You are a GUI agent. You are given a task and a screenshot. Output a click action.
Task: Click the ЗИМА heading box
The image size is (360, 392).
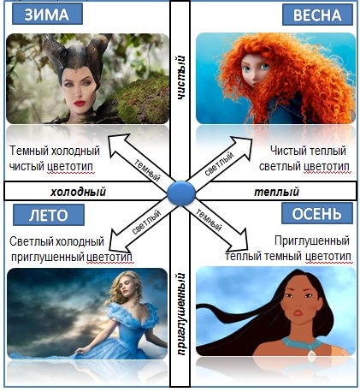pos(47,14)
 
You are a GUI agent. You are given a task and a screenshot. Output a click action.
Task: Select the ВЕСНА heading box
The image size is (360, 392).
pos(317,15)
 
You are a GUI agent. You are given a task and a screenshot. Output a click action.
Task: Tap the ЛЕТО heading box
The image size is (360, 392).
pos(49,215)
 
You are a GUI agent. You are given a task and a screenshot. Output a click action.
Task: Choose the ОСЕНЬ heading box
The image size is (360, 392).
pos(317,213)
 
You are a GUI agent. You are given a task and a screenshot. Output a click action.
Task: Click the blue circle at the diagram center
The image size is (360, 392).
pos(181,193)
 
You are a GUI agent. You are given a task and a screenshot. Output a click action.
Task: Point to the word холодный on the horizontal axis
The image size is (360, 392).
pos(79,192)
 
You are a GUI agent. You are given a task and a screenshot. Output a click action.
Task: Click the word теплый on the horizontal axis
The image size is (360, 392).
pos(277,192)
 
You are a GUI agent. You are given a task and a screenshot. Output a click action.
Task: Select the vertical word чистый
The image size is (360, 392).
pos(180,78)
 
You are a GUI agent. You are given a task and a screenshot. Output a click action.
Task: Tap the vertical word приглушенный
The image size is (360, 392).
pos(180,314)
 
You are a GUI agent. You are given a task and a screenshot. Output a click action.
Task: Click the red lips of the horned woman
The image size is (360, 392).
pos(80,103)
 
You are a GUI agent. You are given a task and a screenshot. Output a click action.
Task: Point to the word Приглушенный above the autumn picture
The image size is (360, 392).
pos(312,241)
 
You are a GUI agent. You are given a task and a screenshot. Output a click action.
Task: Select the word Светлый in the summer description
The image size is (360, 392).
pos(31,241)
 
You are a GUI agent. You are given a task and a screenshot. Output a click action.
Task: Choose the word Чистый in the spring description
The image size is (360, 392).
pos(288,151)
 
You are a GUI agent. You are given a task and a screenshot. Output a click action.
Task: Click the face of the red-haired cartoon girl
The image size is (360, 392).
pos(256,69)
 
